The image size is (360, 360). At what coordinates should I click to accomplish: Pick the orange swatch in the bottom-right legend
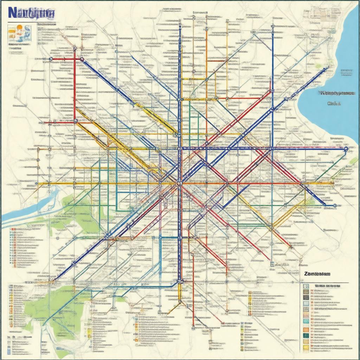pyautogui.click(x=306, y=329)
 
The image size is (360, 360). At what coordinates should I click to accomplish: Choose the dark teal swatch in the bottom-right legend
pyautogui.click(x=306, y=335)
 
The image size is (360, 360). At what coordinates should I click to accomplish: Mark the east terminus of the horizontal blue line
pyautogui.click(x=346, y=149)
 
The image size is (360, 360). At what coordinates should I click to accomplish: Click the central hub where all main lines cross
pyautogui.click(x=179, y=183)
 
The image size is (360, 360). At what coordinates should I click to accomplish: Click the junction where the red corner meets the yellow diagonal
pyautogui.click(x=76, y=121)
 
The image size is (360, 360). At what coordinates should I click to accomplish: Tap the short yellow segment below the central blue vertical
pyautogui.click(x=179, y=292)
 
